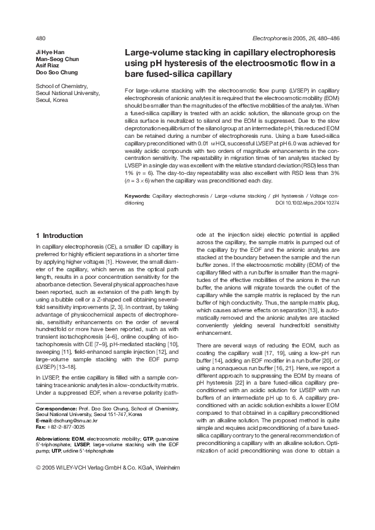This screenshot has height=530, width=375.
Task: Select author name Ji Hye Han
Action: (50, 51)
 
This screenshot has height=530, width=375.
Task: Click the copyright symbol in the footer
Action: (38, 468)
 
